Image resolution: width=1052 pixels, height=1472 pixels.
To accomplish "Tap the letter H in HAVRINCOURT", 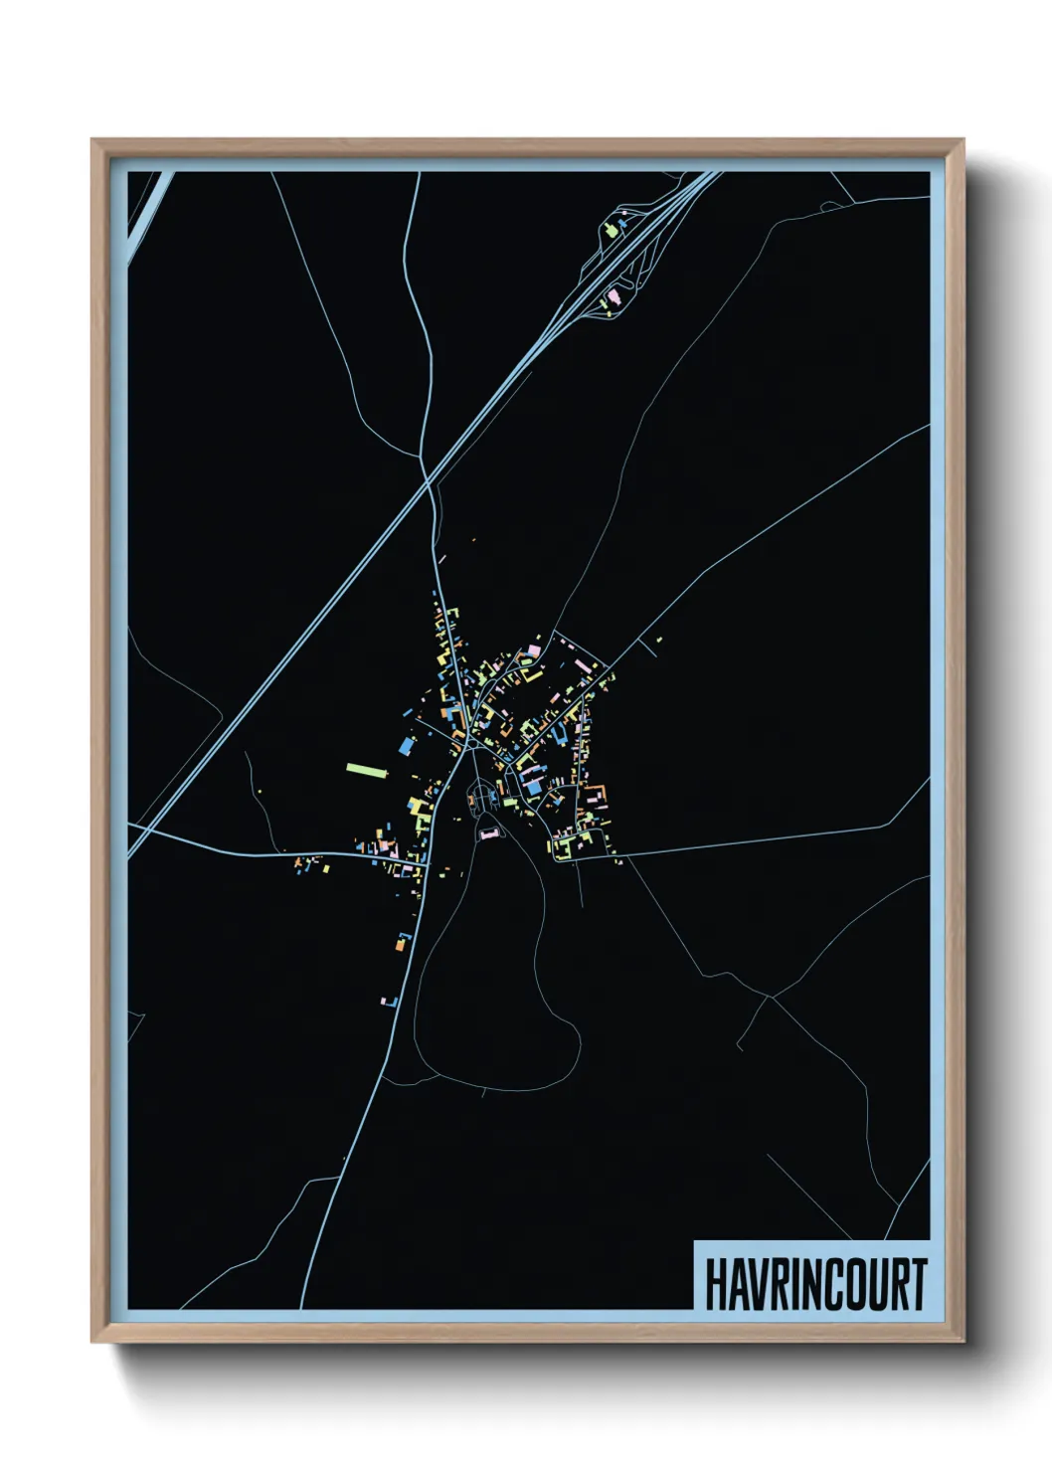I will coord(716,1284).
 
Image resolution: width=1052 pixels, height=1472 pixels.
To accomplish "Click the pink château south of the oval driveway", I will coord(488,833).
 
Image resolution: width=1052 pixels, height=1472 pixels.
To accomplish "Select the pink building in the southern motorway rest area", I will coord(614,295).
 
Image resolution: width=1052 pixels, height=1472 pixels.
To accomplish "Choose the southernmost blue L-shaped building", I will coord(390,1001).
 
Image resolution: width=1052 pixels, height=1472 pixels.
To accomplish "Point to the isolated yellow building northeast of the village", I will coord(658,640).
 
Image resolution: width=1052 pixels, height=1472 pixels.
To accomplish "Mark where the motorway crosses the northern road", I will coord(428,484).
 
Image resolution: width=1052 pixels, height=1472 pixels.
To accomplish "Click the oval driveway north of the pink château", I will coord(482,796).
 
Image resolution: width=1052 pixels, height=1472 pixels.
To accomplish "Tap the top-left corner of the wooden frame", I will coord(92,140).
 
